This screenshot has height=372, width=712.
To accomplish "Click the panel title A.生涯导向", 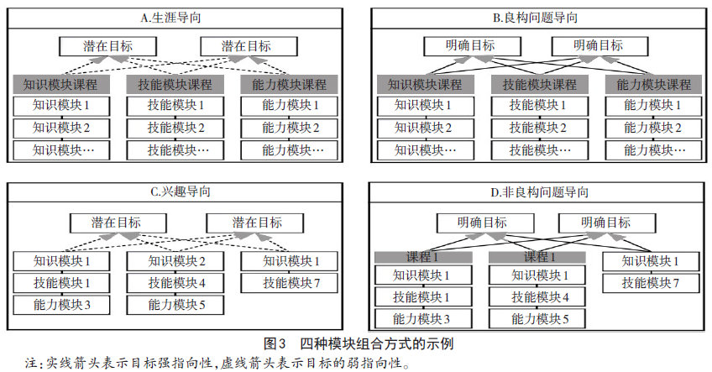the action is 170,18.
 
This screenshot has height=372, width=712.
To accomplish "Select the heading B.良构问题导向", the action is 536,18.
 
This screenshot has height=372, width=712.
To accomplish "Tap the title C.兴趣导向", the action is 181,191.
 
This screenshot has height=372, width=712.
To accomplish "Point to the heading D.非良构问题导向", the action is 539,192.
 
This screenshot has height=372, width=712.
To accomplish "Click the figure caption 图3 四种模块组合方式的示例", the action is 359,343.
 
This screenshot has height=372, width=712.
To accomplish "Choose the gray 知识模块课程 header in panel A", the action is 60,85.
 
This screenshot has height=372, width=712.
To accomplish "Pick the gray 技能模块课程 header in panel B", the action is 539,85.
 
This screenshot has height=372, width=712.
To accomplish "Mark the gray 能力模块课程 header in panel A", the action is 289,85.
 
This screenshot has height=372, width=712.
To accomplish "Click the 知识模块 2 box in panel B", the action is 426,128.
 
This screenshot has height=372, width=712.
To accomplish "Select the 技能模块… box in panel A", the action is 175,149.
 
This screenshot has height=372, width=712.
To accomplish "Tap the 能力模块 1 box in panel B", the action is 653,106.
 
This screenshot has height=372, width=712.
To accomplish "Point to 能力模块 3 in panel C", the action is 61,305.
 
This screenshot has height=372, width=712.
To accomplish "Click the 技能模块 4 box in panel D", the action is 537,297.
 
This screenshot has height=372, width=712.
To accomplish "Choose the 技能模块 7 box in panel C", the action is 289,283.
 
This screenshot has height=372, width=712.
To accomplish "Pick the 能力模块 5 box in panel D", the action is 537,319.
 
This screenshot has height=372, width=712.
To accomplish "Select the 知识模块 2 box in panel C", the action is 175,261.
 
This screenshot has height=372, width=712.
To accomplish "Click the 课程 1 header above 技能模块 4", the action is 537,257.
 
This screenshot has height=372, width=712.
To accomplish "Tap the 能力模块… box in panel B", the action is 653,149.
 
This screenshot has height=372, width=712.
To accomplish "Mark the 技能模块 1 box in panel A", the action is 175,106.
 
